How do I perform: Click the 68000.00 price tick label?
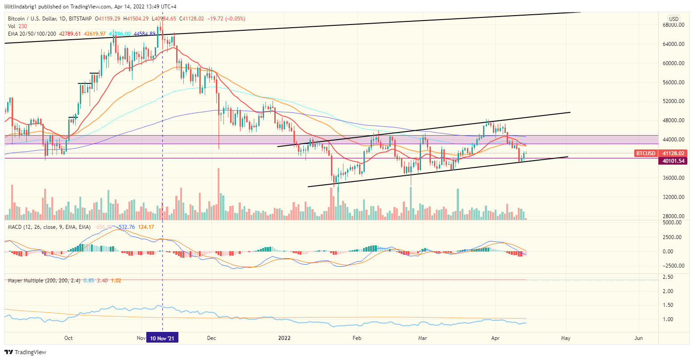pos(673,25)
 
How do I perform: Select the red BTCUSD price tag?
pos(645,153)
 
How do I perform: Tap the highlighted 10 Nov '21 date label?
pos(162,338)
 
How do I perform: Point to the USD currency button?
pos(673,19)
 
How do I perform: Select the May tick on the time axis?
pos(566,338)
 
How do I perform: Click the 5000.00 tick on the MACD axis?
pos(672,222)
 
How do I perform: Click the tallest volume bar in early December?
pos(218,194)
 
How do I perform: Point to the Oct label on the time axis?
pos(69,338)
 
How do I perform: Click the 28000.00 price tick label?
pos(673,216)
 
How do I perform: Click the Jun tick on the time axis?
pos(638,338)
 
